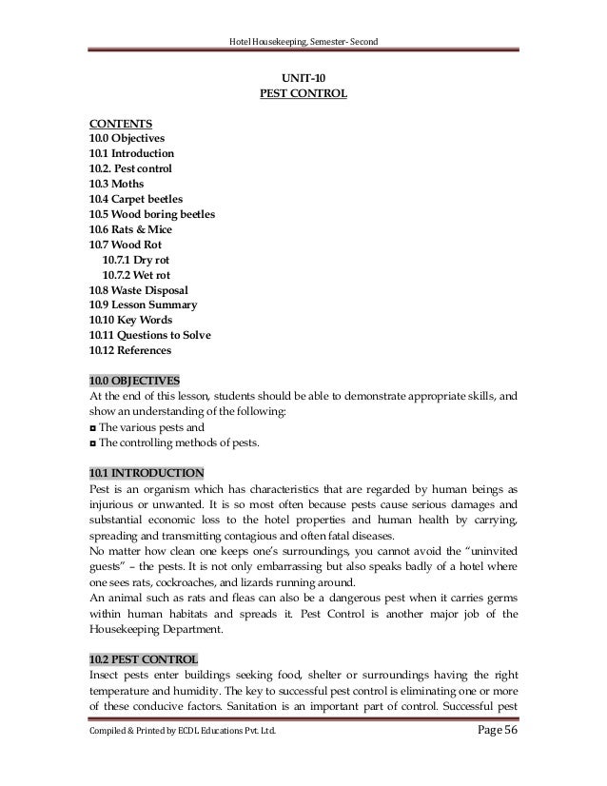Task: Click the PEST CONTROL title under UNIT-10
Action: tap(303, 93)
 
